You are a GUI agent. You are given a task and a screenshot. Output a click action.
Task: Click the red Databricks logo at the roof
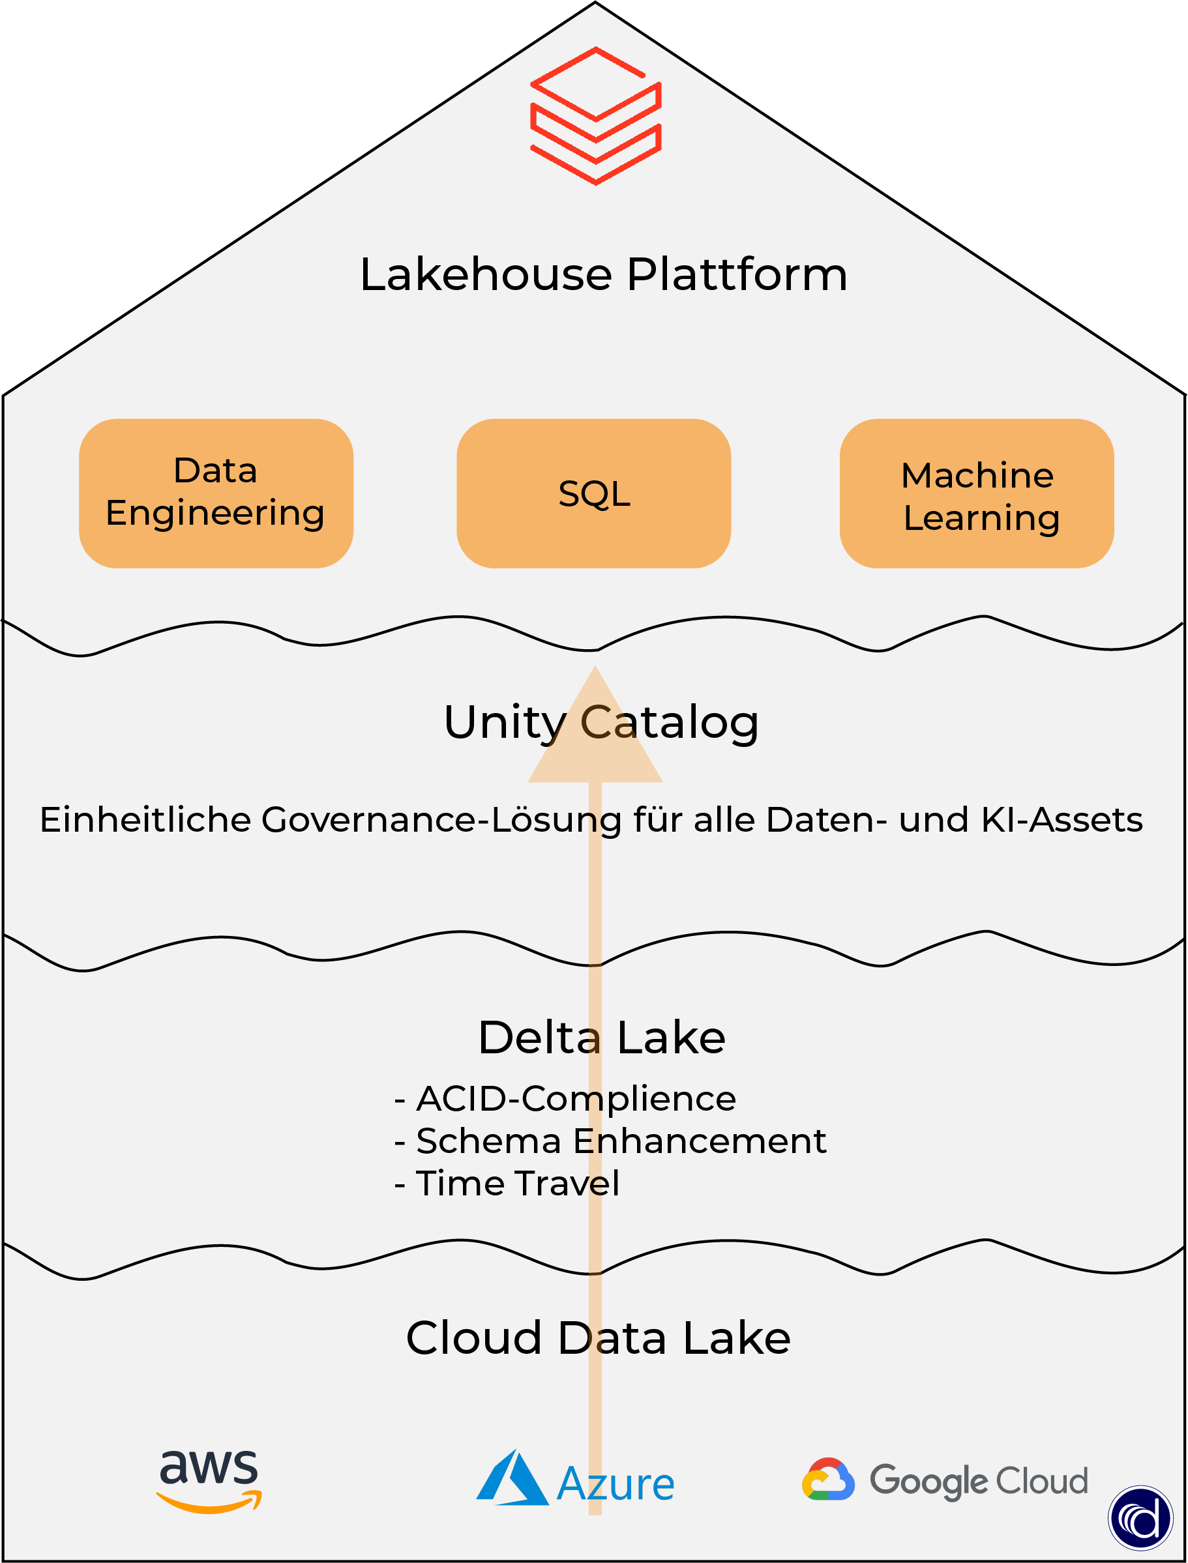pos(595,116)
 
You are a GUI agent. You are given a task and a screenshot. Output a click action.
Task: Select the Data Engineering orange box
pos(216,493)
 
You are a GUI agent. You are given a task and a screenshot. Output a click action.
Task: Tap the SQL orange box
pos(593,493)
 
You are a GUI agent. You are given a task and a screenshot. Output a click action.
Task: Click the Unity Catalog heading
pos(601,722)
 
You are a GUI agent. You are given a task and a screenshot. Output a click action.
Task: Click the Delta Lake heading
pos(601,1037)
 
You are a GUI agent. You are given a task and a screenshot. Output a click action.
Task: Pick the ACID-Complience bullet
pos(566,1098)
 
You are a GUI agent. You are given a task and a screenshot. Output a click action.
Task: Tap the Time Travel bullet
pos(508,1184)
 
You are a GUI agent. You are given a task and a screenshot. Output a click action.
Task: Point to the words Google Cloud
pos(979,1480)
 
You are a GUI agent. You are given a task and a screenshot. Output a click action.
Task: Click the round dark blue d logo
pos(1140,1518)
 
